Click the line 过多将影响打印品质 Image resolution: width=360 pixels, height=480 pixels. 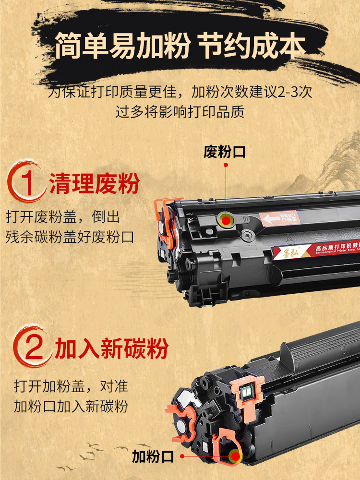tap(180, 111)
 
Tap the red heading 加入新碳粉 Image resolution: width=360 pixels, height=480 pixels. tap(112, 349)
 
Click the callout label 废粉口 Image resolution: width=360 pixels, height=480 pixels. tap(224, 152)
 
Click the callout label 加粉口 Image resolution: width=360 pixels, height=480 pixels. tap(153, 457)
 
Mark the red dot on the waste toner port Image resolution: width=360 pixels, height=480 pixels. tap(225, 220)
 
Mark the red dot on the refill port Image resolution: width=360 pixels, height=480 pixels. tap(234, 457)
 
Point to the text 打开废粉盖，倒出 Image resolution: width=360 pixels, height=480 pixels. tap(62, 216)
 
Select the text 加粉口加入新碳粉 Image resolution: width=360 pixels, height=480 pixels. tap(71, 407)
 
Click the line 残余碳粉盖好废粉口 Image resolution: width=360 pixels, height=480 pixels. tap(70, 237)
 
